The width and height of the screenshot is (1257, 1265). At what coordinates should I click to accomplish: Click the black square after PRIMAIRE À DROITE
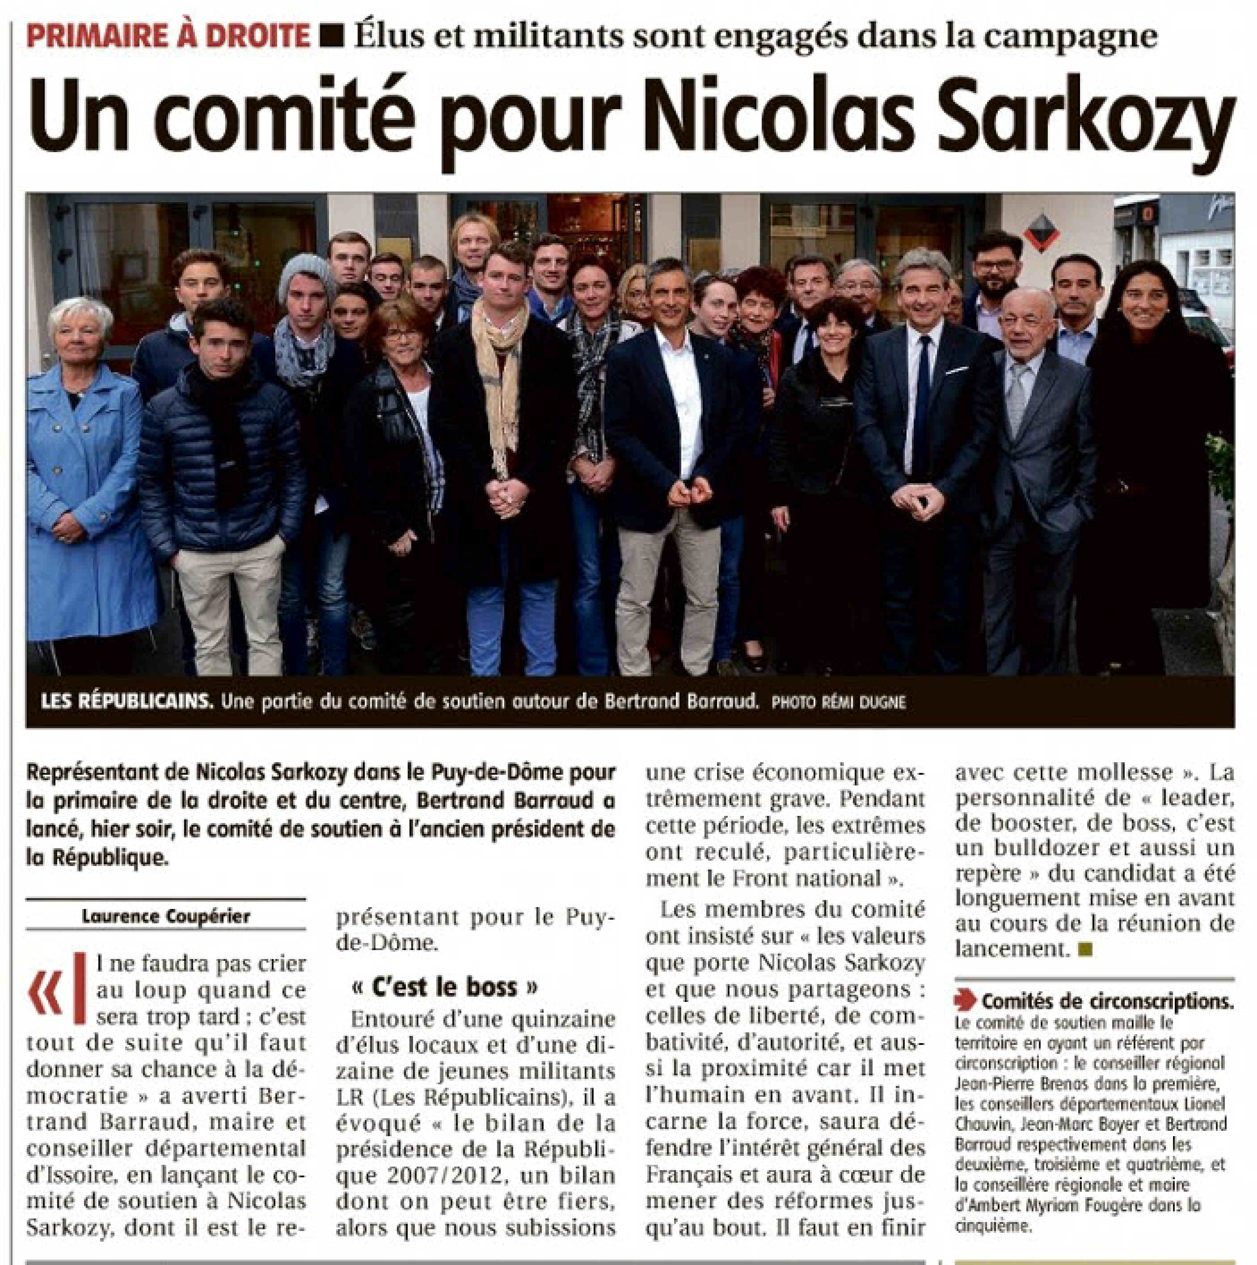pyautogui.click(x=334, y=37)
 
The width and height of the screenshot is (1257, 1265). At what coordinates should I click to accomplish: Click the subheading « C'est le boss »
pyautogui.click(x=444, y=986)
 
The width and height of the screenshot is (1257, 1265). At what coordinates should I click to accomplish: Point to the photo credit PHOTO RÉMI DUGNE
pyautogui.click(x=839, y=703)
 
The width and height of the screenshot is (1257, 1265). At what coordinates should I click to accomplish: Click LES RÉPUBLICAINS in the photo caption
pyautogui.click(x=127, y=702)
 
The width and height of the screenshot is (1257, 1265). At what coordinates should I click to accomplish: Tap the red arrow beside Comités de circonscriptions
pyautogui.click(x=965, y=999)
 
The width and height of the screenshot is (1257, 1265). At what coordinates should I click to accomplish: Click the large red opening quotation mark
pyautogui.click(x=46, y=992)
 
